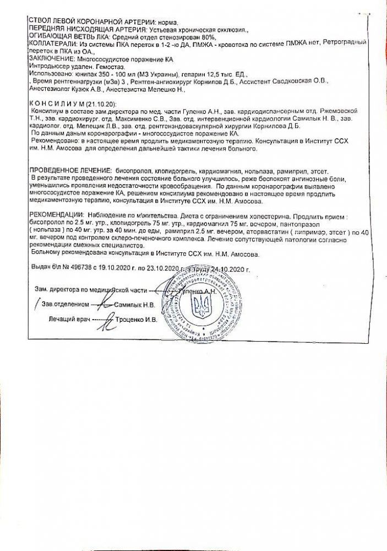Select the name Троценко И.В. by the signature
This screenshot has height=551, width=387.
pos(136,319)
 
